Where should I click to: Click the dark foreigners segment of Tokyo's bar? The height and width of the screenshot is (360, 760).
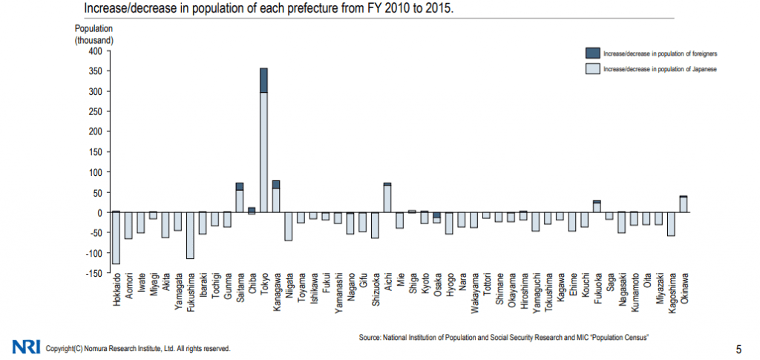263,80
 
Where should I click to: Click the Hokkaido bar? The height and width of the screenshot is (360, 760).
116,238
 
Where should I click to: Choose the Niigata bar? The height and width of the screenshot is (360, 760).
288,226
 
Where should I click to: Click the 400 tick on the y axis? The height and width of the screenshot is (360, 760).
94,51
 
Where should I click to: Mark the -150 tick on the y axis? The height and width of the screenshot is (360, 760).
93,273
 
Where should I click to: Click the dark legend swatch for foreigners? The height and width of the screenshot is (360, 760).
592,53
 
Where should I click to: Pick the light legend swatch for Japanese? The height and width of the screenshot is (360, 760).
592,68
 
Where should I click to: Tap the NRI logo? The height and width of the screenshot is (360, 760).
26,347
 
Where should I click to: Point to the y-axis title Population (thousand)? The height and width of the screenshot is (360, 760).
94,33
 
